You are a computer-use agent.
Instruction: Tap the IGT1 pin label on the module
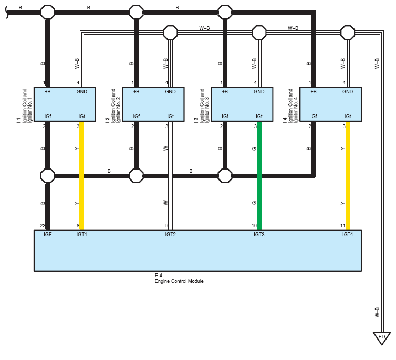click(82, 234)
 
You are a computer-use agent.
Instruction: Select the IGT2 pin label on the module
click(170, 234)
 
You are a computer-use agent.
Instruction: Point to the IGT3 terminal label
click(259, 234)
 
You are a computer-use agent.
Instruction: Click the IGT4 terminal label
click(348, 234)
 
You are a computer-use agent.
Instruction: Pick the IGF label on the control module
click(47, 234)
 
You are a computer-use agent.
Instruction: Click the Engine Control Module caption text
click(179, 281)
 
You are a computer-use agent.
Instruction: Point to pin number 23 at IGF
click(43, 226)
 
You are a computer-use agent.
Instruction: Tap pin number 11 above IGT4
click(342, 226)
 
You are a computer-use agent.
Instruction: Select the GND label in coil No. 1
click(82, 92)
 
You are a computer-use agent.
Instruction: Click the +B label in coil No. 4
click(314, 92)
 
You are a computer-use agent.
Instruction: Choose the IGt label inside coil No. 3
click(259, 116)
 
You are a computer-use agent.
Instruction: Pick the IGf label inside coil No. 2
click(137, 116)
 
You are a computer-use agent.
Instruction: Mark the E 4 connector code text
click(158, 276)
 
